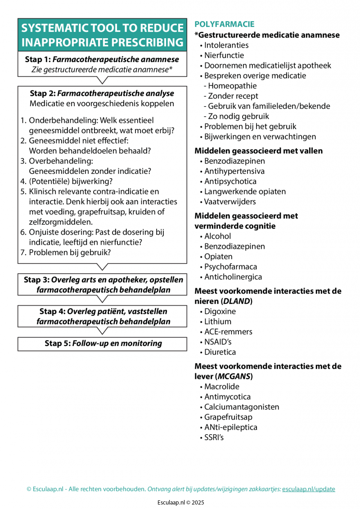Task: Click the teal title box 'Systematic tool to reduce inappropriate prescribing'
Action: (x=102, y=35)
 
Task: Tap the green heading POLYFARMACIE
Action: (x=224, y=24)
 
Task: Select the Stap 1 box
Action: (x=102, y=64)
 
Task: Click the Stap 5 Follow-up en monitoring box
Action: (x=102, y=343)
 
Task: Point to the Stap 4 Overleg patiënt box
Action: (x=102, y=316)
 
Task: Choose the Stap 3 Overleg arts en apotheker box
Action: (x=102, y=285)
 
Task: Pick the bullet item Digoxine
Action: (x=220, y=311)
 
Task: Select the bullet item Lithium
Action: (x=218, y=321)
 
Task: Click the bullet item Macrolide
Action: (x=221, y=387)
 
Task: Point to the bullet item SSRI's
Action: (x=214, y=437)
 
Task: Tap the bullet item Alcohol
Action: (x=217, y=236)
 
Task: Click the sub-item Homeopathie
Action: (x=232, y=86)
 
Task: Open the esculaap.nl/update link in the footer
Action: (x=308, y=489)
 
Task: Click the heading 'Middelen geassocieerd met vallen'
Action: (x=258, y=151)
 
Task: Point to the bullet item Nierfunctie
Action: (x=224, y=55)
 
